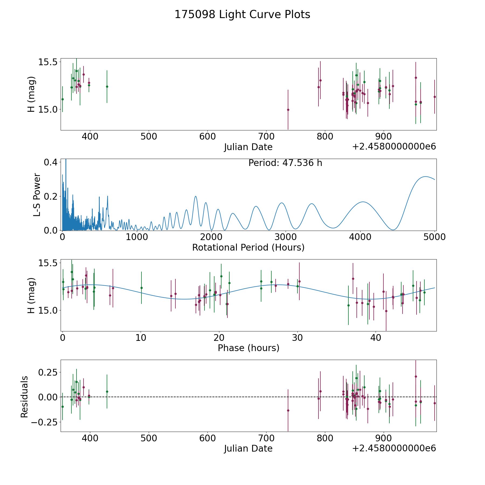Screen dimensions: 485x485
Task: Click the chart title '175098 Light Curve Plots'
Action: [242, 15]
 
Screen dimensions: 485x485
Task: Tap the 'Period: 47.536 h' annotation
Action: [285, 163]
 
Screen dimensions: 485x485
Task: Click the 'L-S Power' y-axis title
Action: [37, 195]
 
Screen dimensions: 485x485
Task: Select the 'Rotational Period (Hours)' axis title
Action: [248, 247]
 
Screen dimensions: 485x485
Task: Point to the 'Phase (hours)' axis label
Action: [248, 348]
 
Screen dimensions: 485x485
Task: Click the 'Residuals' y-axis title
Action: [25, 397]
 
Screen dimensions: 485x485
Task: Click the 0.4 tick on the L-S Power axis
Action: [50, 162]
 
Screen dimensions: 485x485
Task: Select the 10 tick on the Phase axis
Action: [141, 338]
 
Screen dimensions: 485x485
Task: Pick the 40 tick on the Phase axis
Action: [375, 338]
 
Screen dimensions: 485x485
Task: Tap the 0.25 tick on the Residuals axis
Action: [48, 372]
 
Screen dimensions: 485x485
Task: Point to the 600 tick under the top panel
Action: [207, 137]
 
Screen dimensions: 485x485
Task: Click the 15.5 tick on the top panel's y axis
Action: [48, 62]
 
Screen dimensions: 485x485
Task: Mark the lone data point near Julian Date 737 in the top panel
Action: [288, 110]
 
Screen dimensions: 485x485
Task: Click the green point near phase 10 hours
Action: [141, 288]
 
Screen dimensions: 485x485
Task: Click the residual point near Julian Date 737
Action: [288, 410]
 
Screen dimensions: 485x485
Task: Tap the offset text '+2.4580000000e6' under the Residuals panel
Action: [394, 448]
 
